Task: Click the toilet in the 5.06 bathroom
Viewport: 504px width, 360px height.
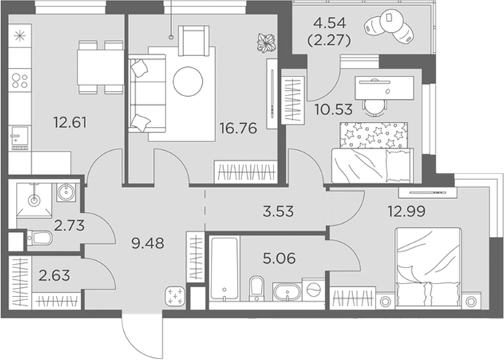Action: (x=257, y=289)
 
